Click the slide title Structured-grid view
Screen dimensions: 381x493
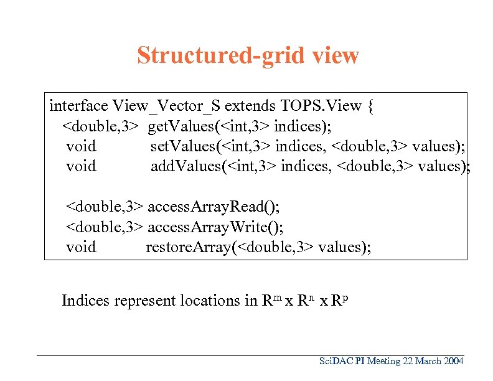click(248, 55)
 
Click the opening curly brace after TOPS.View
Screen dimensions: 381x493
click(371, 105)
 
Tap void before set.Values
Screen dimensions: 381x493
click(81, 146)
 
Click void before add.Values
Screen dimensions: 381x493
click(81, 166)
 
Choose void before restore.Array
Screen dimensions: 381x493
click(81, 247)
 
